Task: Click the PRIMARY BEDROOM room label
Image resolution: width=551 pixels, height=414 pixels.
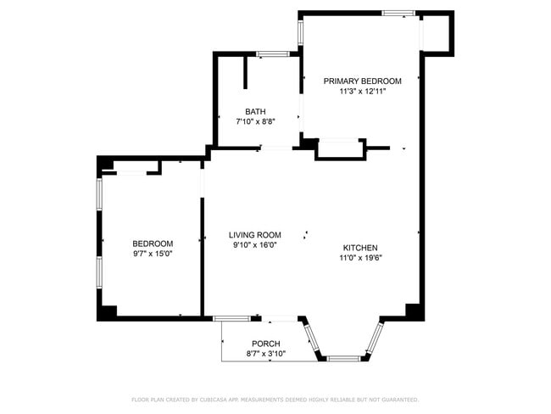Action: [362, 81]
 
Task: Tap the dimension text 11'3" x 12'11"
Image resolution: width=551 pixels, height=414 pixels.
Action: [362, 91]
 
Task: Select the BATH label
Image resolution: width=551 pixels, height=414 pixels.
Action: [255, 111]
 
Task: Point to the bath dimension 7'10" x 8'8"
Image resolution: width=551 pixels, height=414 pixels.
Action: [255, 121]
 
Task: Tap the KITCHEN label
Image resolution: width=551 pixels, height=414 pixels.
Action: [360, 248]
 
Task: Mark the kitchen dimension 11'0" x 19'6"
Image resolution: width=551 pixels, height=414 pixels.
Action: [360, 258]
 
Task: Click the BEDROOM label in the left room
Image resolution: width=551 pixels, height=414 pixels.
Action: [153, 243]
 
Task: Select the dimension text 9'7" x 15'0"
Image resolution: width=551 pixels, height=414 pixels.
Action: [153, 254]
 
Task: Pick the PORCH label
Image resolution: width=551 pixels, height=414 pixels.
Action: [265, 344]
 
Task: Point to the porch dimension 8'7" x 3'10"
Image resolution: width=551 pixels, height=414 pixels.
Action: [265, 354]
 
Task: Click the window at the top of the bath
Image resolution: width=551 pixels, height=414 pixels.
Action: [272, 55]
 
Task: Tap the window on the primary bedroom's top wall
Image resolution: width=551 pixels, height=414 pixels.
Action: [398, 13]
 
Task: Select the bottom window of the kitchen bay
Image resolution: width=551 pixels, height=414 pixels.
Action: [343, 359]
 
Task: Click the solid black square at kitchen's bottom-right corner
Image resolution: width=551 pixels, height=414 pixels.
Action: [414, 311]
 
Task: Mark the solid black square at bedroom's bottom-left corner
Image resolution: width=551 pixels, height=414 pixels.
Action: [106, 311]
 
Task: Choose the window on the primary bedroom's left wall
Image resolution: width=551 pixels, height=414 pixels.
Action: [300, 31]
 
